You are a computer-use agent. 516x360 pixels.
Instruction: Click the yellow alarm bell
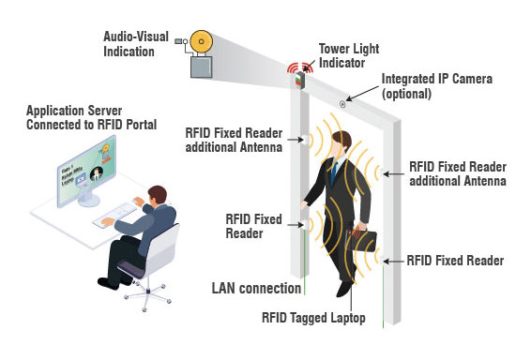[201, 42]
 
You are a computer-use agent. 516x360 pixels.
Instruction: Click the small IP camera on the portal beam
[343, 102]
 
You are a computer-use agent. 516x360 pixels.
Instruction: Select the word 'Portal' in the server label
[135, 125]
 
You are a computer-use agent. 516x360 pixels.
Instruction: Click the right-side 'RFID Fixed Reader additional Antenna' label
[454, 175]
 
